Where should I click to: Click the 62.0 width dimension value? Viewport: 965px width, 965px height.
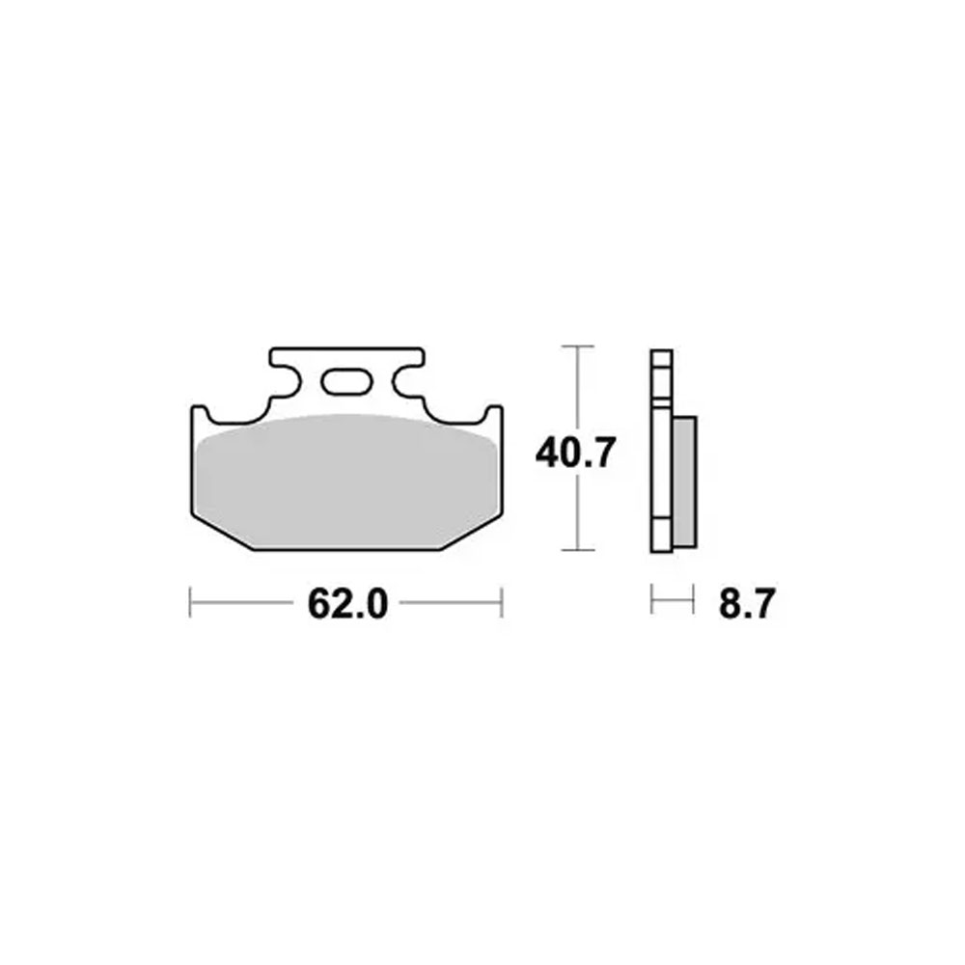[347, 604]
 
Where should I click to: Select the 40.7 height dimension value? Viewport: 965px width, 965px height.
[575, 453]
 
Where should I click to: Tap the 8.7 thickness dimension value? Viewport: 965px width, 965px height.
[747, 604]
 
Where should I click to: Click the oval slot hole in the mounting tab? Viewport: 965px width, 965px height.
[346, 382]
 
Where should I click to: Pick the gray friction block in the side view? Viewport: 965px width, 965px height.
[685, 482]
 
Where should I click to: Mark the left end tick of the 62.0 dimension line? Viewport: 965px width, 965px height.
[190, 602]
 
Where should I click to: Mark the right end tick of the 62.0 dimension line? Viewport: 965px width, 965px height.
[502, 602]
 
